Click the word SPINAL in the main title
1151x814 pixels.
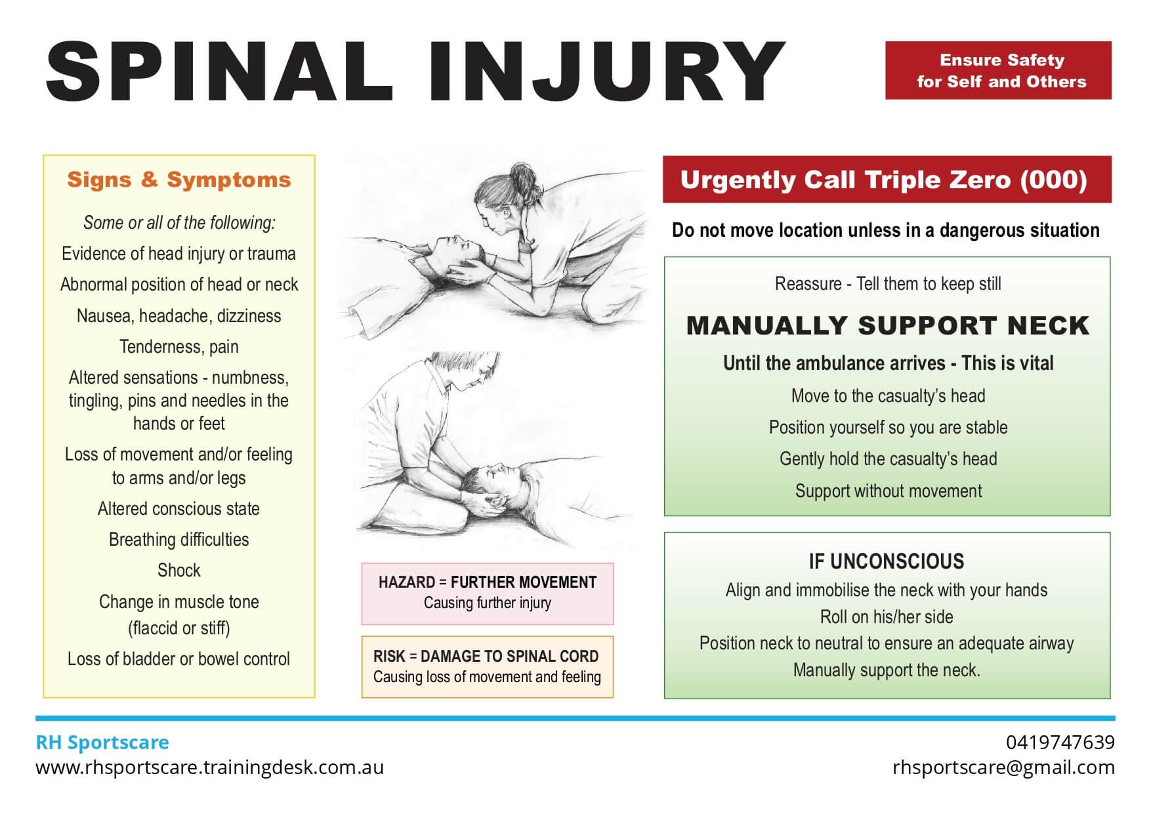[219, 71]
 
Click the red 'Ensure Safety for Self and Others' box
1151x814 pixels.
[997, 71]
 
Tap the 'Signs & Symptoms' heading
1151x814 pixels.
[178, 180]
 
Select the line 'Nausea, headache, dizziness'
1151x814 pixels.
[178, 316]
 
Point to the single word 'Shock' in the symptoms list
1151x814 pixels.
[178, 571]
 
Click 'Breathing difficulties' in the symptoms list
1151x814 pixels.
[178, 540]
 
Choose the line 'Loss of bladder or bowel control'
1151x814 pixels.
[178, 659]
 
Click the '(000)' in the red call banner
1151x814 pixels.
[1053, 180]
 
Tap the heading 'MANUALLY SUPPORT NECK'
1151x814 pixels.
[887, 326]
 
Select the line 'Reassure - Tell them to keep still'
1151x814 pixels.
[887, 284]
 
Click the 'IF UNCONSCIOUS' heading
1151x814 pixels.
[886, 561]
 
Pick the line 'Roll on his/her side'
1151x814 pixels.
[886, 617]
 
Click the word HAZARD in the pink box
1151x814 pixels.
[406, 582]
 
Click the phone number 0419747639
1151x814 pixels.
[1060, 743]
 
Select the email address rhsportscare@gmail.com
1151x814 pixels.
[1003, 767]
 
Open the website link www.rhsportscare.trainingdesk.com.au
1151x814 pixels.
[209, 767]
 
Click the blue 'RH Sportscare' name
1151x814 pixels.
[102, 743]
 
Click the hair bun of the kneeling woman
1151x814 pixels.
[523, 175]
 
